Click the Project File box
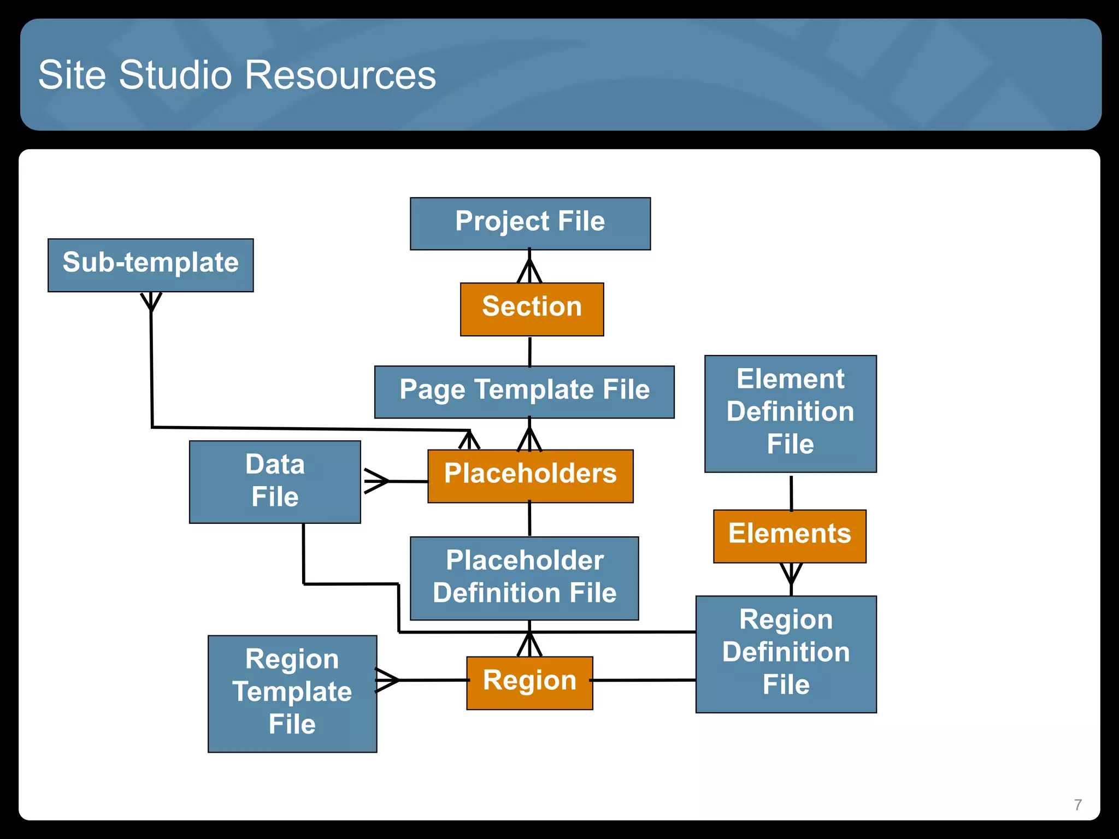[x=530, y=223]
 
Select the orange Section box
[x=532, y=309]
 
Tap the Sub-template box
[x=150, y=265]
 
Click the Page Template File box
[x=524, y=392]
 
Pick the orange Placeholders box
[x=530, y=476]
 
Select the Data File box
[x=275, y=482]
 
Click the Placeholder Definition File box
[x=524, y=578]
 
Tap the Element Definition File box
[x=790, y=413]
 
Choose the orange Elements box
[x=790, y=536]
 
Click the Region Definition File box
[x=786, y=654]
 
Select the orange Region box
[x=529, y=683]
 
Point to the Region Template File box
[x=292, y=693]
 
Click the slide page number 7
[x=1077, y=805]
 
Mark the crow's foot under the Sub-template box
[x=151, y=302]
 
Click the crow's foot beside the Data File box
[x=376, y=481]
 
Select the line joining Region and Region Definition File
[x=644, y=680]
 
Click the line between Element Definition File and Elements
[x=791, y=493]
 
